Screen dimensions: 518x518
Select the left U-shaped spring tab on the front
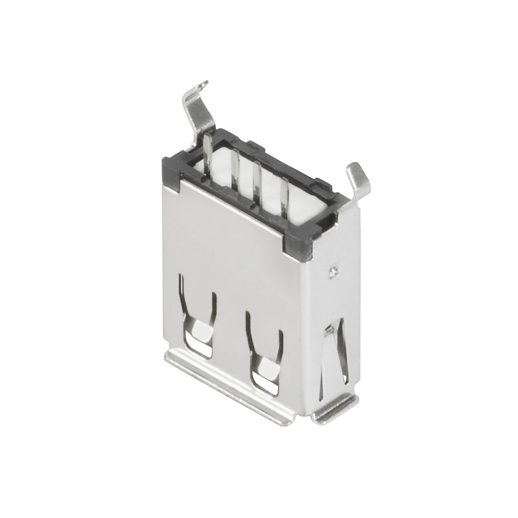(x=197, y=317)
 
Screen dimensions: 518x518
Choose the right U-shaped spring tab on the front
(x=264, y=353)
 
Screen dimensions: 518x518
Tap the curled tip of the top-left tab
(x=203, y=84)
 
